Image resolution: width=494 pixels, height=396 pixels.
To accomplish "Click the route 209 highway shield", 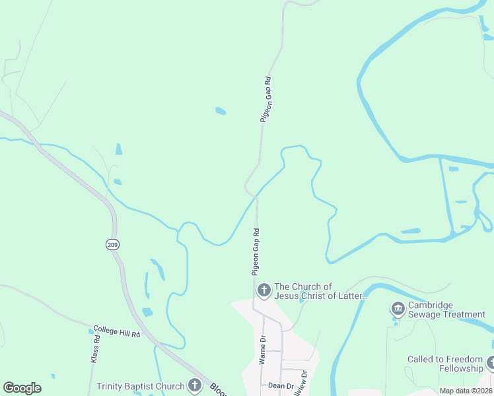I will click(112, 245).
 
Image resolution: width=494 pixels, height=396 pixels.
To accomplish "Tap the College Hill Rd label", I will click(117, 331).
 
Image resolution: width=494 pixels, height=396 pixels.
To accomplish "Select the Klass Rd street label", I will click(95, 350).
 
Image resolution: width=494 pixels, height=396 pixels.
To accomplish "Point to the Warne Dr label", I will click(262, 350).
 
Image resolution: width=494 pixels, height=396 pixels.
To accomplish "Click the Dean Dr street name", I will click(280, 385).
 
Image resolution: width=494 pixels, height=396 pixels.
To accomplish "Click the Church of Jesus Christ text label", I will click(320, 291).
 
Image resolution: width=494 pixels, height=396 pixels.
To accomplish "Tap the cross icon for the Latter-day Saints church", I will click(264, 290).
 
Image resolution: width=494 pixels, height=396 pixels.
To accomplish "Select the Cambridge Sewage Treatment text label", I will click(446, 310).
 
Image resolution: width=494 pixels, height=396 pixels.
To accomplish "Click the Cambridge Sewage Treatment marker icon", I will click(398, 308).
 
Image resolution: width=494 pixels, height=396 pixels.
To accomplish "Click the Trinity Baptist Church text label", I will click(139, 386).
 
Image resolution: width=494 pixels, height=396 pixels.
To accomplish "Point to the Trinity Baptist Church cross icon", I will click(194, 385).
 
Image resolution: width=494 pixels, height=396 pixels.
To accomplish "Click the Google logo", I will click(22, 388).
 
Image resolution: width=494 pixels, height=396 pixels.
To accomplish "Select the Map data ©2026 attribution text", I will click(465, 391).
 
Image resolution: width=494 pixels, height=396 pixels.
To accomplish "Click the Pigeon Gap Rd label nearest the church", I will click(256, 251).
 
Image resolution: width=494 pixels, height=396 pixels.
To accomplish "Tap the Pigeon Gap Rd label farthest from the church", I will click(265, 99).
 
